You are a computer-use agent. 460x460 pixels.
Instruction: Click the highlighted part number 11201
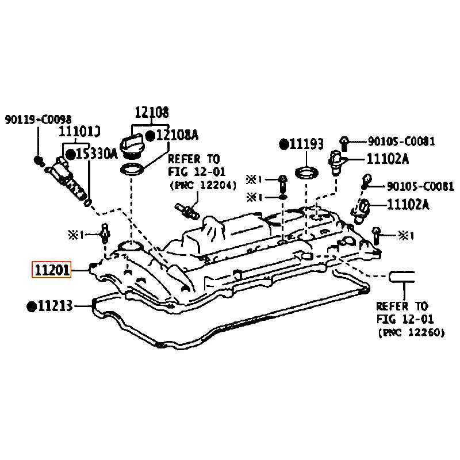[x=52, y=270]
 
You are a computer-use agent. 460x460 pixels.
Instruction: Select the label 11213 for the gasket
[x=55, y=306]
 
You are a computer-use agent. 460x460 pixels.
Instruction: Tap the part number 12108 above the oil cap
[x=152, y=112]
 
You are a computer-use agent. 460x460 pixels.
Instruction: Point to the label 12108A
[x=177, y=136]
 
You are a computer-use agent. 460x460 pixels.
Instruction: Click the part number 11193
[x=306, y=144]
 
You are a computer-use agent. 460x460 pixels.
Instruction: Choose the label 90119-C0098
[x=38, y=120]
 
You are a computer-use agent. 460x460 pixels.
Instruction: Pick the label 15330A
[x=97, y=154]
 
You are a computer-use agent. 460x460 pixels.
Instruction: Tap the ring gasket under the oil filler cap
[x=132, y=170]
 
